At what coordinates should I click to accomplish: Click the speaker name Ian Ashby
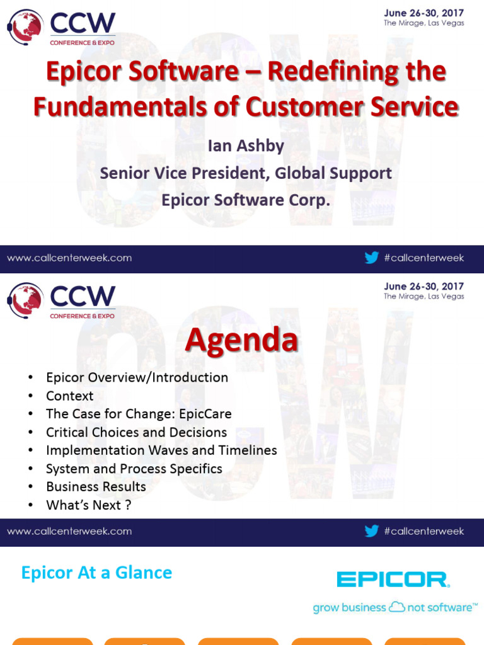(x=246, y=146)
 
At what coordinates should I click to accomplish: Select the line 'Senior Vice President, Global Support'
(x=246, y=173)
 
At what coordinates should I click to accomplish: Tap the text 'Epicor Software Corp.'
(x=246, y=200)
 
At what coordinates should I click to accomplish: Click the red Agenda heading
(x=241, y=341)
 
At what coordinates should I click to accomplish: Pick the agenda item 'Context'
(x=69, y=396)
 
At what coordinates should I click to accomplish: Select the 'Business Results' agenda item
(x=96, y=487)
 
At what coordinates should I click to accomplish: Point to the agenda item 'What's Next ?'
(x=88, y=505)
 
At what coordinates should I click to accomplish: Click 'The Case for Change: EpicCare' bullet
(x=139, y=414)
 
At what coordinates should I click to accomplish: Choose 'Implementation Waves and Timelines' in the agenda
(x=161, y=450)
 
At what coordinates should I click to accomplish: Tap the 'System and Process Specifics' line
(x=134, y=469)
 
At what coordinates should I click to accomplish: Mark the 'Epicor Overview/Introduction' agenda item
(x=137, y=378)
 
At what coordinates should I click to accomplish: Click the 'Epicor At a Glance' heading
(x=96, y=573)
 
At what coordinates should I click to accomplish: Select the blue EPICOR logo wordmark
(x=393, y=579)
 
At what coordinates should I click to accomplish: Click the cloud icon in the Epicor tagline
(x=396, y=607)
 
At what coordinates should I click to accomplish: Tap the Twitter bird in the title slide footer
(x=372, y=258)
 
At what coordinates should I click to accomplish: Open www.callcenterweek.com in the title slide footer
(x=69, y=258)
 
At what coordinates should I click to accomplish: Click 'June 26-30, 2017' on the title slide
(x=423, y=13)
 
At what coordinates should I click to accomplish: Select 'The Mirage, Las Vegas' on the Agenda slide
(x=423, y=297)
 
